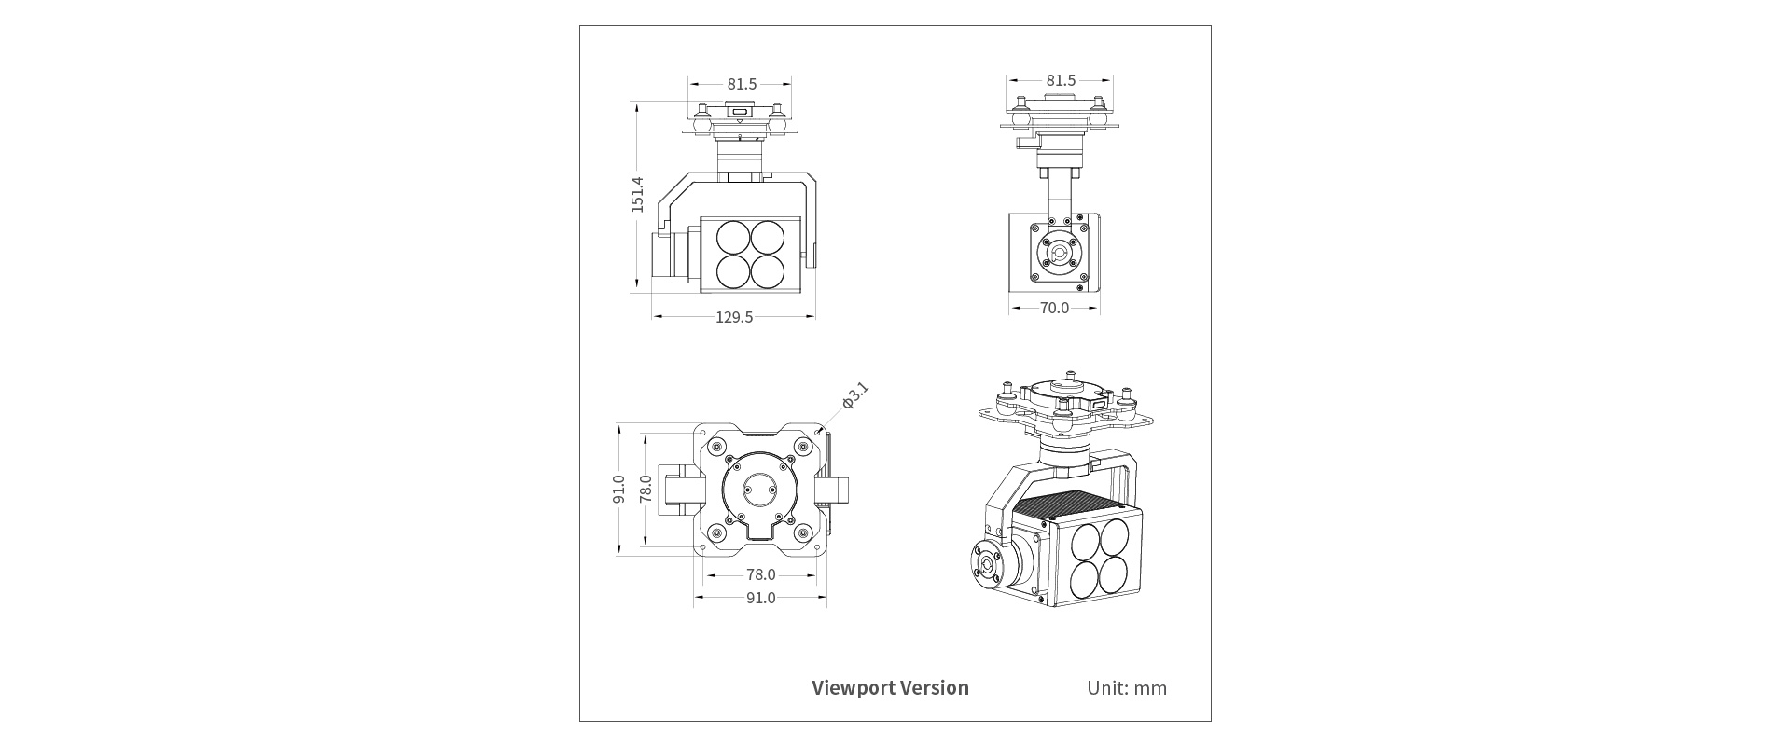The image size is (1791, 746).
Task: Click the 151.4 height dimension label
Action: point(637,194)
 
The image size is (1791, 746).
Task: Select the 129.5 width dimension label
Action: point(734,317)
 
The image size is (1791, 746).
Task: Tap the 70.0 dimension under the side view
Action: point(1054,308)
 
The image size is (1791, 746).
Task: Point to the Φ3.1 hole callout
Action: point(854,395)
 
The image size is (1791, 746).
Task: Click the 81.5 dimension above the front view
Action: point(742,84)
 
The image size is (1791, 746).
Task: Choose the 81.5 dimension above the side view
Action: point(1061,81)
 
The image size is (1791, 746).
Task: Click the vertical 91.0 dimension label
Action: point(618,489)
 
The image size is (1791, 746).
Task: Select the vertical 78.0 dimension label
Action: point(646,489)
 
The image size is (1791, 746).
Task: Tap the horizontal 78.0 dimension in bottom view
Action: point(760,574)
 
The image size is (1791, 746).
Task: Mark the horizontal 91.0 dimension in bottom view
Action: point(760,598)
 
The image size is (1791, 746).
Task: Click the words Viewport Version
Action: point(890,688)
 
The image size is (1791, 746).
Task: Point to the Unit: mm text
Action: point(1126,688)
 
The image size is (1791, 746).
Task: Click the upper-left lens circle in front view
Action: point(734,237)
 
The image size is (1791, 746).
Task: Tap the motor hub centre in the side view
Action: point(1060,254)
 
